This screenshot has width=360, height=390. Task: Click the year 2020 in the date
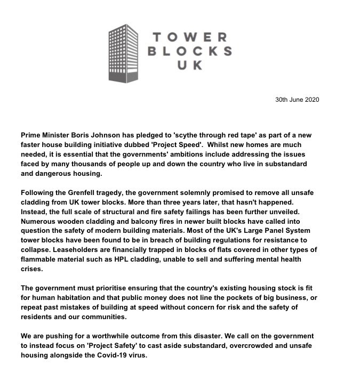pos(310,100)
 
